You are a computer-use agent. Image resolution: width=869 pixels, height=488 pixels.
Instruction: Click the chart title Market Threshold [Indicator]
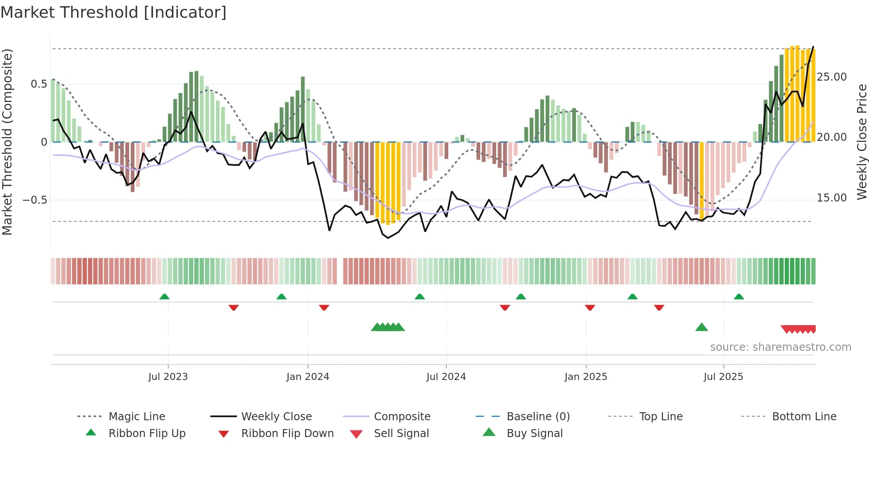coord(114,12)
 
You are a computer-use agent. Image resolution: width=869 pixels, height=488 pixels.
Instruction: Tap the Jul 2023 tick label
coord(168,377)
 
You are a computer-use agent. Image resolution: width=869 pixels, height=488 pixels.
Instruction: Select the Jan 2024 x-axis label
coord(308,377)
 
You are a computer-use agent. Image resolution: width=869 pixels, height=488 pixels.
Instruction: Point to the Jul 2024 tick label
coord(446,377)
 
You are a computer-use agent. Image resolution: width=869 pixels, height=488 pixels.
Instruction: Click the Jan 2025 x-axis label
coord(586,377)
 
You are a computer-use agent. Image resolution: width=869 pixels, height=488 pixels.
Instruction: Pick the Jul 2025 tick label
coord(723,377)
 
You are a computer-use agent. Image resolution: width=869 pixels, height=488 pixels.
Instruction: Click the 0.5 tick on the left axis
coord(39,84)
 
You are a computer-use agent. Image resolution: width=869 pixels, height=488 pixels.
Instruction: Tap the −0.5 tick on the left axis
coord(35,200)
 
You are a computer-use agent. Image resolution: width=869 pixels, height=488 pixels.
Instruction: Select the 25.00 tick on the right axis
coord(832,77)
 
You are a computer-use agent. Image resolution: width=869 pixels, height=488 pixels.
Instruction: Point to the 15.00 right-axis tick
coord(832,198)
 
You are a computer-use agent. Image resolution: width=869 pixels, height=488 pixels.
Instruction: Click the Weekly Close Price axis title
coord(861,142)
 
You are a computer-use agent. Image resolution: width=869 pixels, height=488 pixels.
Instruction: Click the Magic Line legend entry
coord(137,417)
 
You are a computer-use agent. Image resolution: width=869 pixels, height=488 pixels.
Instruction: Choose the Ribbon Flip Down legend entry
coord(287,434)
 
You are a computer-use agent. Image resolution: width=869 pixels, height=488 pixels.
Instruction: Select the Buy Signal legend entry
coord(534,434)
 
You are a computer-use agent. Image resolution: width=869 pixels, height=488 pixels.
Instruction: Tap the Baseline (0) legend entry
coord(538,417)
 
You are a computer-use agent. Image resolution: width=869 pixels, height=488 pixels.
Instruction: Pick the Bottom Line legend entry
coord(804,417)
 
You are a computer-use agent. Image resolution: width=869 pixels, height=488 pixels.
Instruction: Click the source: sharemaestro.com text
coord(780,347)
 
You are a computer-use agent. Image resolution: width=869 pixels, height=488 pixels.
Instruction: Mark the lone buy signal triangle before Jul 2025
coord(701,327)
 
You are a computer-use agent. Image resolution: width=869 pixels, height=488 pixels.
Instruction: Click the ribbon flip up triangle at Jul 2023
coord(164,296)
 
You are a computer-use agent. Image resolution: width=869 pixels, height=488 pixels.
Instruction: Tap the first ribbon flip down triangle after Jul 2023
coord(234,307)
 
